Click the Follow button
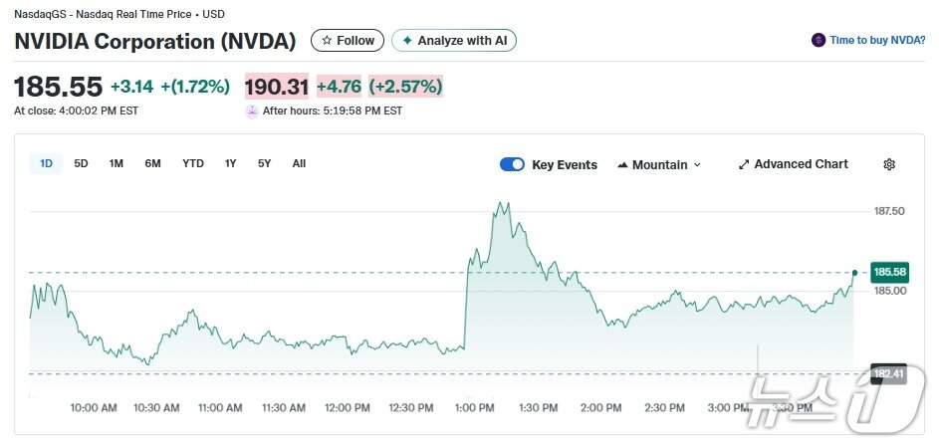(349, 41)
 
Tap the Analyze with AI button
(454, 41)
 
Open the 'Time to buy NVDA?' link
(868, 41)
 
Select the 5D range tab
(82, 164)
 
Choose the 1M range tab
(117, 164)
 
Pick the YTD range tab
(193, 164)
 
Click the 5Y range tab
(264, 164)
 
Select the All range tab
(299, 164)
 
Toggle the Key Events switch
(512, 165)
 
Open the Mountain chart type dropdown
(659, 165)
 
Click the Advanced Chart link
(794, 164)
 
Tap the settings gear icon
(889, 165)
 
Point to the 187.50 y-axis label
(888, 211)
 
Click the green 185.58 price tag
(888, 272)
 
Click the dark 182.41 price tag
(888, 374)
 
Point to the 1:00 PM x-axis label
(474, 408)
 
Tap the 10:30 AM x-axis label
(156, 408)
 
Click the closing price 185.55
(58, 88)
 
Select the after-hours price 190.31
(277, 87)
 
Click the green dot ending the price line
(854, 272)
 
